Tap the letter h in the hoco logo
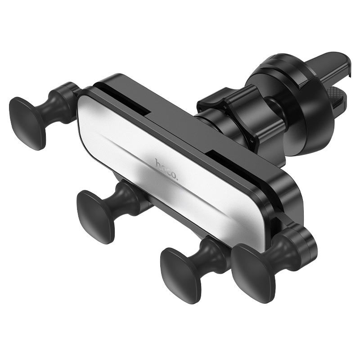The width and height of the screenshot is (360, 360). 158,163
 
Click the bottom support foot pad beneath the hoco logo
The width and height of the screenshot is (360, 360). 96,216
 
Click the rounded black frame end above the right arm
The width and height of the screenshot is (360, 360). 288,198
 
